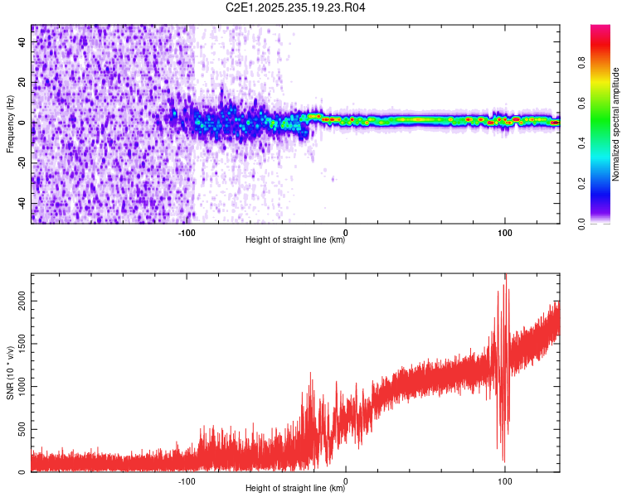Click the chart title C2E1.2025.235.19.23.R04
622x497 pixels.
tap(296, 8)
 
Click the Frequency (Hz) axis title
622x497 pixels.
tap(10, 124)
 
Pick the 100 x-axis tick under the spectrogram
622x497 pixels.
tap(504, 232)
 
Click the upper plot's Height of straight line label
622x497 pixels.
tap(295, 240)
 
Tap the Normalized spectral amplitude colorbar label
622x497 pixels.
tap(616, 124)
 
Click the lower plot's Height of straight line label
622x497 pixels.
tap(295, 489)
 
